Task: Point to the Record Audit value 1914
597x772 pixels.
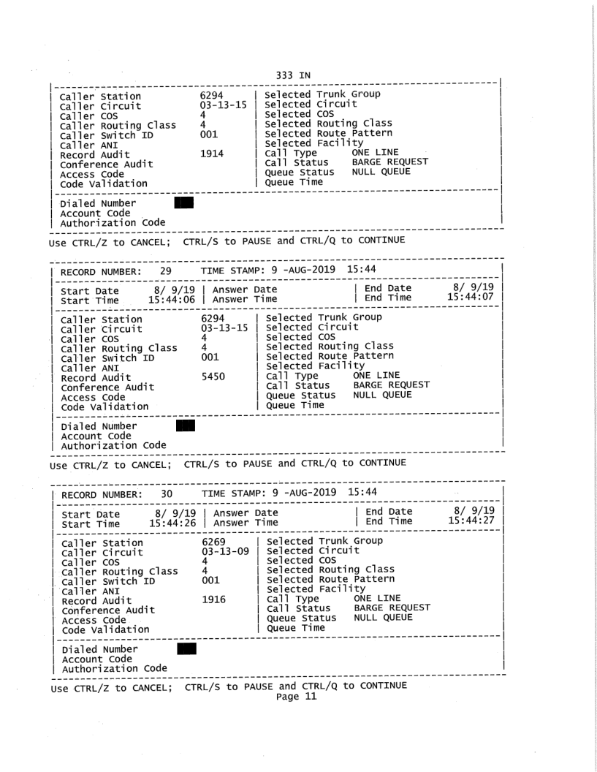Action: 213,155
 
